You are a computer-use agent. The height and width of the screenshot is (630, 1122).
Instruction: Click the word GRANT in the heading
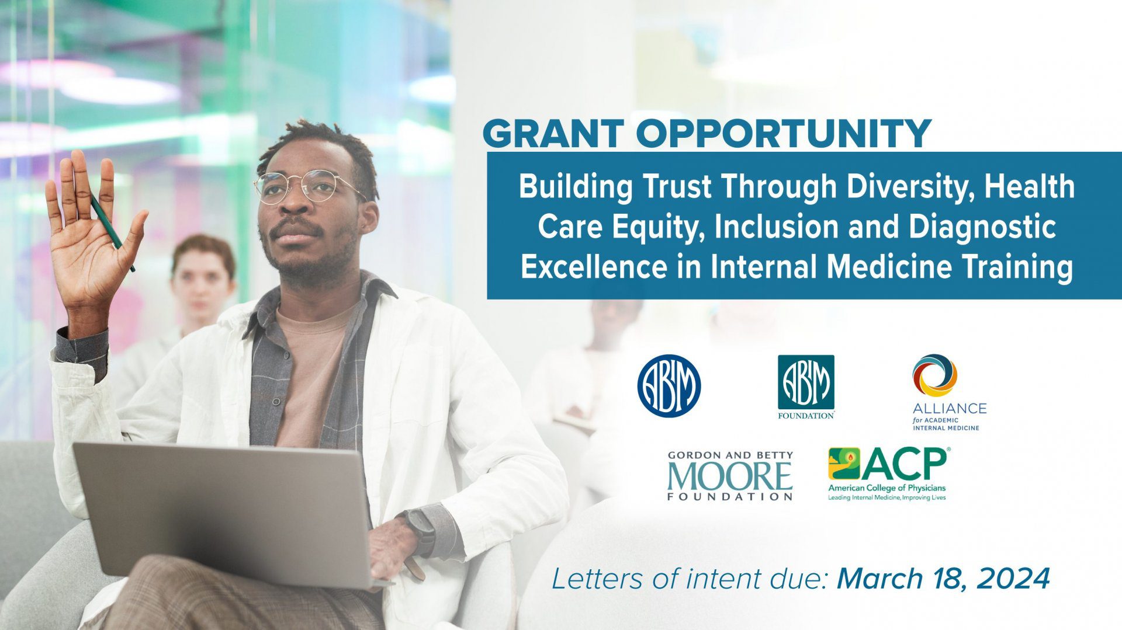coord(553,134)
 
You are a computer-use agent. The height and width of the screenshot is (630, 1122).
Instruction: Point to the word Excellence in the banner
coord(593,267)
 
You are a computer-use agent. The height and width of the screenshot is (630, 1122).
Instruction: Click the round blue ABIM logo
coord(669,386)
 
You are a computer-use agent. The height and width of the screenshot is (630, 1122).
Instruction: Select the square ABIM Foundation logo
coord(806,387)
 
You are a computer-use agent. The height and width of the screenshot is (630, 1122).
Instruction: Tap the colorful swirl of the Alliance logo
coord(934,375)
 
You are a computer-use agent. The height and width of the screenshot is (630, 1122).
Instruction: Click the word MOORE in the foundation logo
coord(730,476)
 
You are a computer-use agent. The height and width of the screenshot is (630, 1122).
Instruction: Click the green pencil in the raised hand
coord(112,231)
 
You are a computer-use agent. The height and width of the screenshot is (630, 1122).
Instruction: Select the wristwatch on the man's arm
coord(419,532)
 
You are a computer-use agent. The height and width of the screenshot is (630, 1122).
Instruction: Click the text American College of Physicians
coord(886,488)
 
